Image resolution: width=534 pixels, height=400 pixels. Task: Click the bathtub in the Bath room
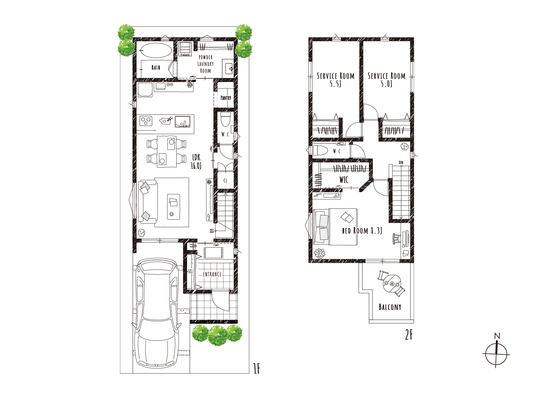(156, 50)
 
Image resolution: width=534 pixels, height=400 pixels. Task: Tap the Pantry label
(226, 98)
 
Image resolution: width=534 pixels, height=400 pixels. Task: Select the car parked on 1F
(157, 313)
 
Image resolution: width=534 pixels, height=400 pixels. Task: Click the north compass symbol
(496, 354)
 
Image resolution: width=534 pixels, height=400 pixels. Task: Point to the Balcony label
(390, 307)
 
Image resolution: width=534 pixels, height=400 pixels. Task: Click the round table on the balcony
(392, 284)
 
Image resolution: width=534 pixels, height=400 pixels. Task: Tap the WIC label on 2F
(344, 180)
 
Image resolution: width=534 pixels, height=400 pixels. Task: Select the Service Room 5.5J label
(335, 80)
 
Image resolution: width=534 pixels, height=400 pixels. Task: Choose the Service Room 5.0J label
(387, 80)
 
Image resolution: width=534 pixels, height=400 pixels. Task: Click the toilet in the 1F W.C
(225, 120)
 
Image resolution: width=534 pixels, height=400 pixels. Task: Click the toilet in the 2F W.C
(319, 150)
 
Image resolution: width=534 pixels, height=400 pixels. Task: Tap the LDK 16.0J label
(196, 162)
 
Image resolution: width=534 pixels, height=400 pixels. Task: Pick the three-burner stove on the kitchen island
(146, 121)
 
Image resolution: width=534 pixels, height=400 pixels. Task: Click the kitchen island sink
(182, 122)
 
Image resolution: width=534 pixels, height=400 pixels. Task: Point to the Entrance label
(212, 274)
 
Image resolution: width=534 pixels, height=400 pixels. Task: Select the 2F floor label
(409, 335)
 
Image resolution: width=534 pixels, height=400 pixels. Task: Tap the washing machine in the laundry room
(185, 50)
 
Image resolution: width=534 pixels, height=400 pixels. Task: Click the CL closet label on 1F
(225, 180)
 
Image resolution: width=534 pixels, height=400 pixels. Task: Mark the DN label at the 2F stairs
(401, 162)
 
